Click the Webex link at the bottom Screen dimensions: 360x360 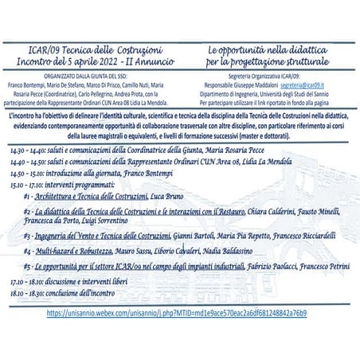[x=177, y=313]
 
